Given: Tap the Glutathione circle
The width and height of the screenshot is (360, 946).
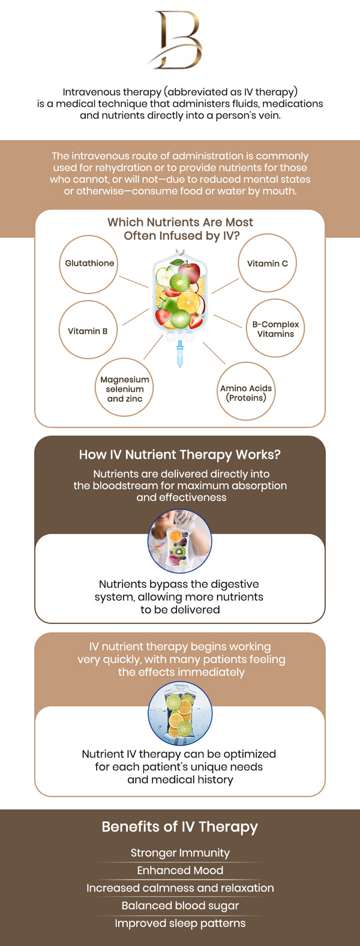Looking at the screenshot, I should tap(89, 264).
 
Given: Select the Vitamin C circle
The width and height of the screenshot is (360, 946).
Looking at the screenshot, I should tap(268, 263).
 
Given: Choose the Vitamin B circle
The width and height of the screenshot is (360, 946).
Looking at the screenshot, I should tap(88, 331).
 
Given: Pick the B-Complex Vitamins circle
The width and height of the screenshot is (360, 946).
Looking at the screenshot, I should tap(275, 329).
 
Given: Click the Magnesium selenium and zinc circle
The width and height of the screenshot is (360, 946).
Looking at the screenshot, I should tap(125, 389).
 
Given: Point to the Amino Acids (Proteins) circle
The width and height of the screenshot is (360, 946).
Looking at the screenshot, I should tap(246, 392).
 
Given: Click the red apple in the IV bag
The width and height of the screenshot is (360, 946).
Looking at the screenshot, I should tap(190, 271).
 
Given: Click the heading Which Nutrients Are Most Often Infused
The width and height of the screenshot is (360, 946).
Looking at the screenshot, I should tap(180, 229).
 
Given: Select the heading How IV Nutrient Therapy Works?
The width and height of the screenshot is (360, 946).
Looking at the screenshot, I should tap(180, 455).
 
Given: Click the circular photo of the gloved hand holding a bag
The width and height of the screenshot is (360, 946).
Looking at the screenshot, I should tap(180, 542).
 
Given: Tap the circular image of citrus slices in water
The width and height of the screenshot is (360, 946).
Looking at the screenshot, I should tap(180, 714).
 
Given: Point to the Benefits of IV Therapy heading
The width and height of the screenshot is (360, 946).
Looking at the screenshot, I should tap(180, 827).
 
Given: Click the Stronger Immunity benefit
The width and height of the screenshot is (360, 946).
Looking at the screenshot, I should tap(180, 852).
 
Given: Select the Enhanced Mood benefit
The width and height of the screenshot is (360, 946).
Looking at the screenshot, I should tap(180, 870).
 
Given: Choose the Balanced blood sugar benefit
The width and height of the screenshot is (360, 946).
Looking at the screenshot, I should tap(180, 906).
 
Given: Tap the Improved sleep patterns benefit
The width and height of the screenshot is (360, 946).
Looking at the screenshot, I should tap(180, 923).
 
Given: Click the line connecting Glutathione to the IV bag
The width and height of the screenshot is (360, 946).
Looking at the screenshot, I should tap(133, 281).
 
